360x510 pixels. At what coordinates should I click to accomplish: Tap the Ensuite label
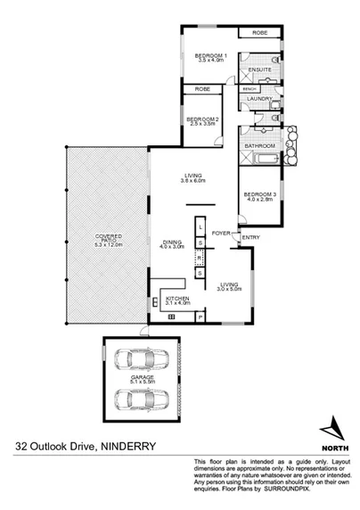pyautogui.click(x=260, y=70)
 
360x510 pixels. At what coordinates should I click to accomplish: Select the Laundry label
pyautogui.click(x=260, y=99)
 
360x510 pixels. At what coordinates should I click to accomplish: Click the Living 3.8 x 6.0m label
pyautogui.click(x=193, y=177)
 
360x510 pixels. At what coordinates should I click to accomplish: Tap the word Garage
pyautogui.click(x=143, y=378)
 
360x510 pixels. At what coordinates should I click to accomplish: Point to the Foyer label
pyautogui.click(x=222, y=232)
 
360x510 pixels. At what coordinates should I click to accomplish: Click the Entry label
pyautogui.click(x=250, y=236)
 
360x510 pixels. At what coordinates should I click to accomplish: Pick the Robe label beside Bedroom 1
pyautogui.click(x=259, y=33)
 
